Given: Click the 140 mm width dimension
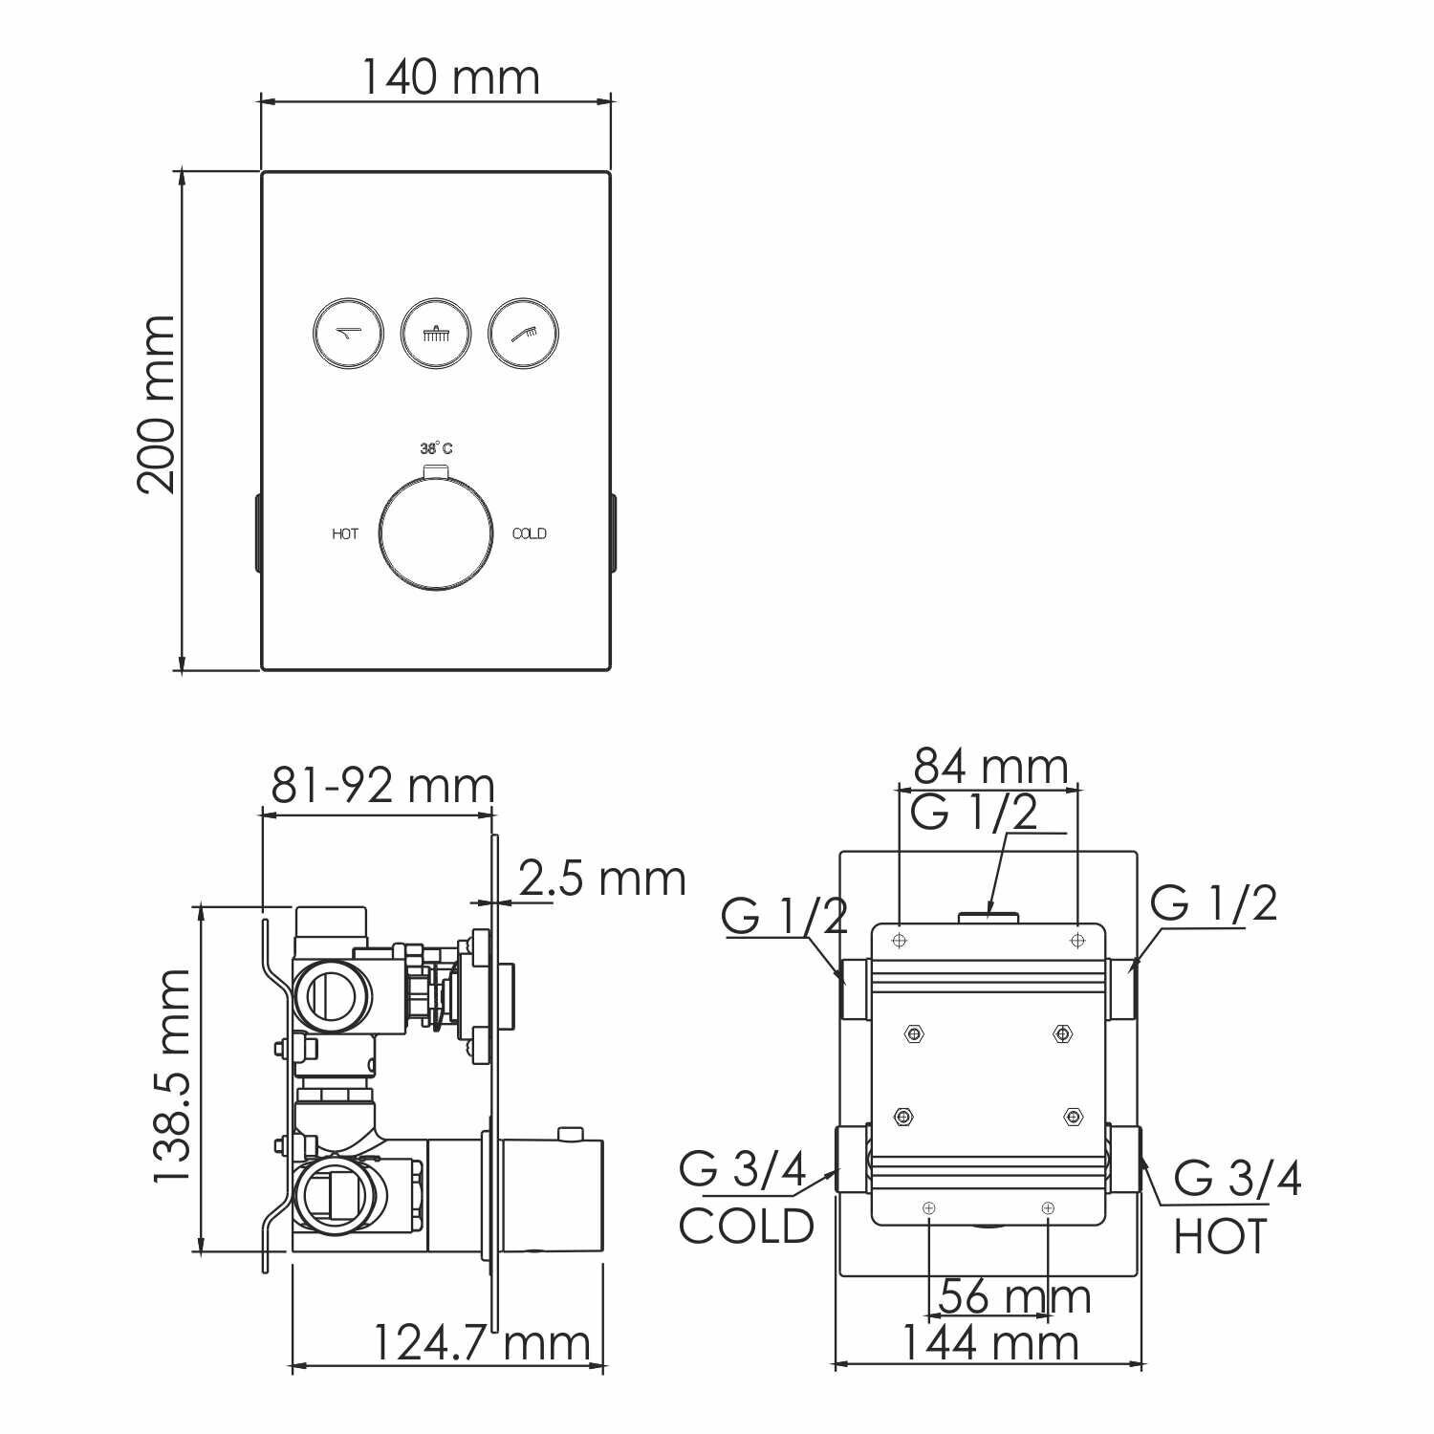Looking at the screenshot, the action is pos(449,76).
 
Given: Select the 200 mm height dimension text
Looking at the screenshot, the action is pos(157,404).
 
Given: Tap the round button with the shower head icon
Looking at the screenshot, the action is pos(436,334).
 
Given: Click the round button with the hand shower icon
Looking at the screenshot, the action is pos(524,334).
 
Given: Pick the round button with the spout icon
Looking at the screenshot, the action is pos(348,334).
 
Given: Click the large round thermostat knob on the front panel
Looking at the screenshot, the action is pos(436,532).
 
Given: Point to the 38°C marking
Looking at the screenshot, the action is pos(436,448).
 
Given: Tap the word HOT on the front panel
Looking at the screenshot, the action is pos(345,533).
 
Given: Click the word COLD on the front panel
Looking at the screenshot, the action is pos(530,533).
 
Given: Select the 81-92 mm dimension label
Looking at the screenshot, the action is pos(382,786).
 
